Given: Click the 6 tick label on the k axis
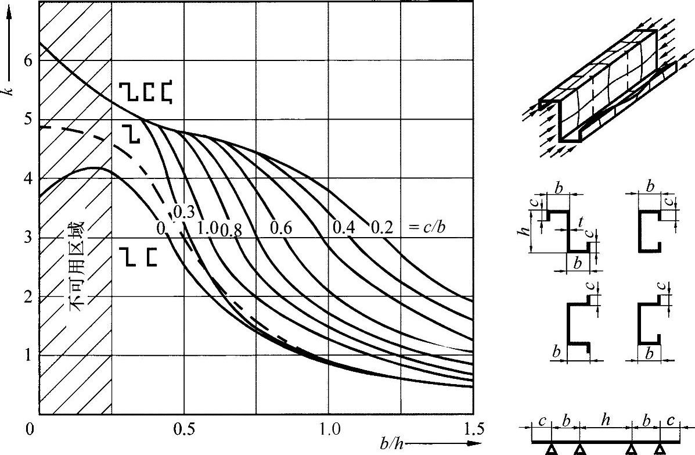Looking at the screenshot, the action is [x=28, y=60].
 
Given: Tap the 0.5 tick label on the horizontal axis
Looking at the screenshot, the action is [x=183, y=429].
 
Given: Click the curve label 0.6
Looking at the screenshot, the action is [x=281, y=228].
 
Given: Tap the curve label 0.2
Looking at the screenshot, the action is [x=381, y=228].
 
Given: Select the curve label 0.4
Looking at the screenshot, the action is [x=344, y=228].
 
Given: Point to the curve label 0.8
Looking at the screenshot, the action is [x=231, y=230].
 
